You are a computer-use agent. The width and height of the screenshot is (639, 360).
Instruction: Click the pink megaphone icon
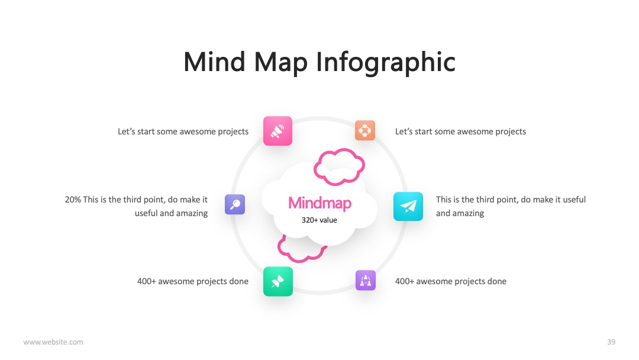pos(277,131)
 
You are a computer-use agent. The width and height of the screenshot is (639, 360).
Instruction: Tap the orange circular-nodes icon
pos(364,130)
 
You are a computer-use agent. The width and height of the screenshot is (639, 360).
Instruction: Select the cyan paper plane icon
pos(408,206)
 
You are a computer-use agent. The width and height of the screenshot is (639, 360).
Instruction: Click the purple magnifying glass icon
pos(235,204)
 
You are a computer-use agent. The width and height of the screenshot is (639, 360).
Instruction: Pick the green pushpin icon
pos(278,281)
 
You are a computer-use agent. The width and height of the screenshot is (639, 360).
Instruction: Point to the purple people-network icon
pos(366,281)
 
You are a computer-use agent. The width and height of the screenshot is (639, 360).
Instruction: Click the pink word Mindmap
pos(319,203)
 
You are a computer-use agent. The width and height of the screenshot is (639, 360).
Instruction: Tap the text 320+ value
pos(319,220)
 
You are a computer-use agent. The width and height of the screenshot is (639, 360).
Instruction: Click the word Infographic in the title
pos(386,62)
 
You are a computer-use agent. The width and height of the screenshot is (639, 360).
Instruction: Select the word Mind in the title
pos(215,62)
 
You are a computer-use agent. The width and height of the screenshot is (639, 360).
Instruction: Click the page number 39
pos(611,342)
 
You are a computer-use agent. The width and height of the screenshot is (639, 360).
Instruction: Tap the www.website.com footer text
pos(53,342)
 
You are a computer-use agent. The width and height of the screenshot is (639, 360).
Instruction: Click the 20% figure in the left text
pos(73,200)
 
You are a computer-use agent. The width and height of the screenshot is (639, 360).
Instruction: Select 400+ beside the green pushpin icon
pos(146,281)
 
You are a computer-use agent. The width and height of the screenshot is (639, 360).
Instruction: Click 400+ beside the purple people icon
pos(404,281)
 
